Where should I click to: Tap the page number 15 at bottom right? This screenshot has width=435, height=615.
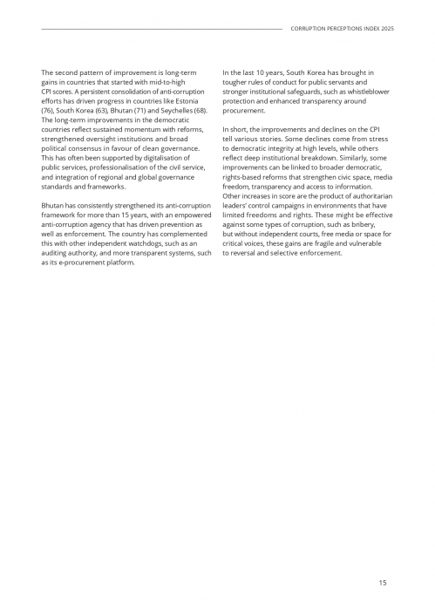pyautogui.click(x=383, y=582)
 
